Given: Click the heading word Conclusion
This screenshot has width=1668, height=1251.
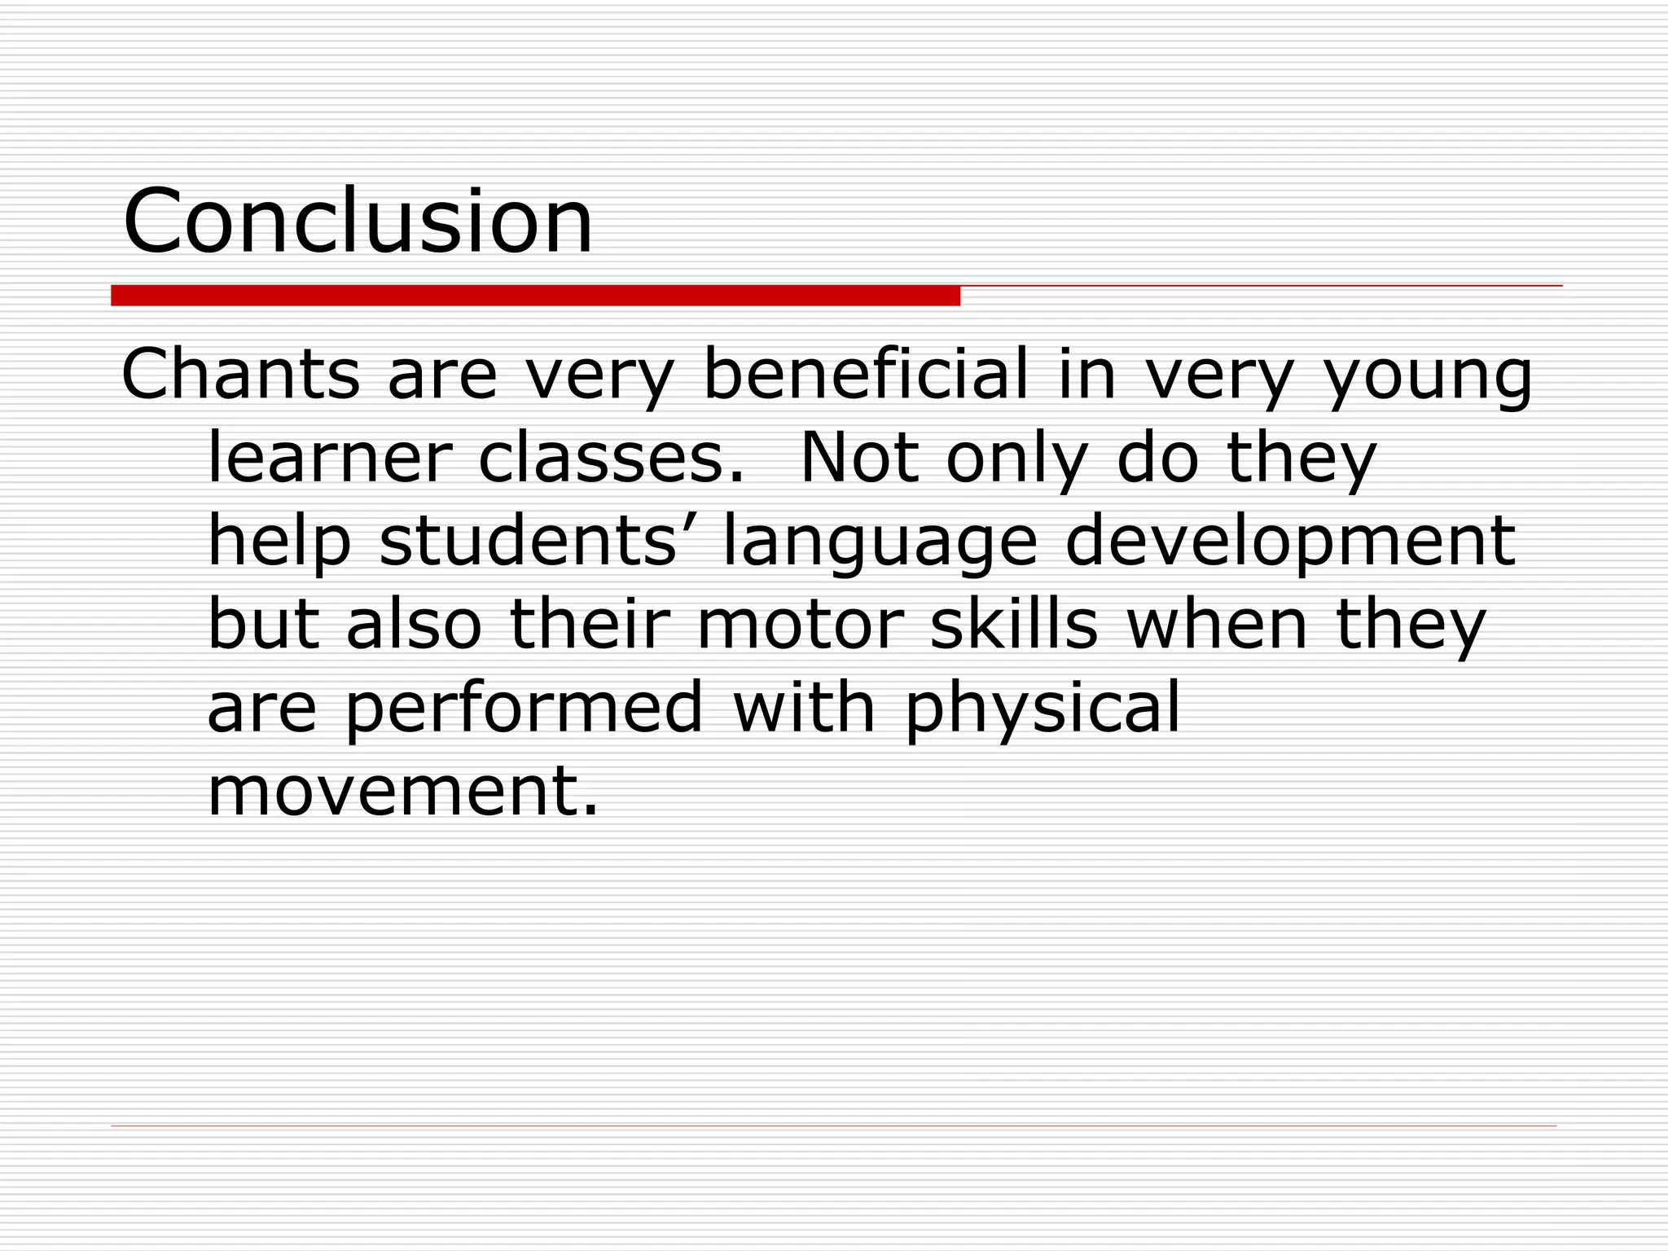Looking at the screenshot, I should pyautogui.click(x=358, y=222).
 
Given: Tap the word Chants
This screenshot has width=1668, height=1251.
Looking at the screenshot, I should pyautogui.click(x=240, y=375).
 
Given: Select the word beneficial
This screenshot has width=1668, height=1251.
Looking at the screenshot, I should pyautogui.click(x=865, y=375).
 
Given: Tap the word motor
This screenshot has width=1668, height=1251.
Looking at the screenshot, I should pyautogui.click(x=801, y=625).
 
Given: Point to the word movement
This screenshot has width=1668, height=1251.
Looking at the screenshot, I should pyautogui.click(x=403, y=792).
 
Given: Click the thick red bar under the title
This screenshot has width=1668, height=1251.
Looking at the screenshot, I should pyautogui.click(x=535, y=296).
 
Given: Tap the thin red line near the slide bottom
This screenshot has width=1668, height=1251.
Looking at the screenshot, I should pyautogui.click(x=833, y=1126).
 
